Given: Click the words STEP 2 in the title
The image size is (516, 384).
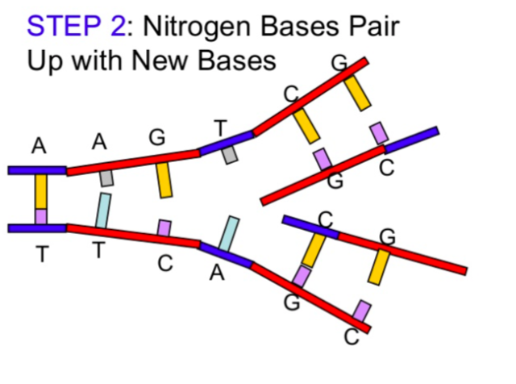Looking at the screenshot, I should (76, 27).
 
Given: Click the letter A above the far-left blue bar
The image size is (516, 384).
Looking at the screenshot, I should (39, 146).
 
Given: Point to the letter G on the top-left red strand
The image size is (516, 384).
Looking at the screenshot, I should (157, 137).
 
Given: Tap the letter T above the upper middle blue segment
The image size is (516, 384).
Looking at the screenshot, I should (220, 127).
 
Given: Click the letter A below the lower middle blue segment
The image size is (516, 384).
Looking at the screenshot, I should (216, 274).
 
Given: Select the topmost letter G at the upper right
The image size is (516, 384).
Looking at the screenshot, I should (339, 62).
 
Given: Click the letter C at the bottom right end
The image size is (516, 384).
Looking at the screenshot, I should (351, 337).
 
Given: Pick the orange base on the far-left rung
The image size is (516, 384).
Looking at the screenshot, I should (40, 191).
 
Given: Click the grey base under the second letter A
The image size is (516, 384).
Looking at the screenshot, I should (106, 178).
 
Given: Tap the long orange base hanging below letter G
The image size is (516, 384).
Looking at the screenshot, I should (164, 180).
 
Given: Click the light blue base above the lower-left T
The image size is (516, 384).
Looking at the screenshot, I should (103, 210).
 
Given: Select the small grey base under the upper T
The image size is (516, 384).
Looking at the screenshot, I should (231, 155).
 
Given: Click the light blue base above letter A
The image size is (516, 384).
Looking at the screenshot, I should (229, 233).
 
